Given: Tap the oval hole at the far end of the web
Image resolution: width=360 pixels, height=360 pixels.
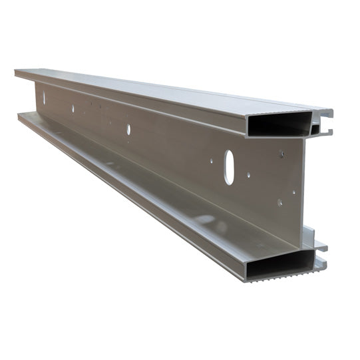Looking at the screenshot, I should tap(45, 98).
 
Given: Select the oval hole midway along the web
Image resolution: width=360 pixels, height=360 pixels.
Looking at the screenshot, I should tap(128, 129).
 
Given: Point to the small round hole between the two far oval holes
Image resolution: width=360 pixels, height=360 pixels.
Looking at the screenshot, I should tap(73, 108).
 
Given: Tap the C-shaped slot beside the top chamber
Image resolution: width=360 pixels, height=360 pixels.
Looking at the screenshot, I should tap(322, 126).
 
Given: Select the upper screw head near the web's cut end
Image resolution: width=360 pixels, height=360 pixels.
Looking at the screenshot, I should tap(282, 154).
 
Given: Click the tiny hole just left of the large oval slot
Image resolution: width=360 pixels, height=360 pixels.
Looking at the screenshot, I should tap(212, 160).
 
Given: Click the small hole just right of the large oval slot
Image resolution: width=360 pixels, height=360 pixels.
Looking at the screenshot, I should tap(249, 176).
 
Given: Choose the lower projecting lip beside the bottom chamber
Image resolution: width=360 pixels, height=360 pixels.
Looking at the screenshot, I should tap(321, 264).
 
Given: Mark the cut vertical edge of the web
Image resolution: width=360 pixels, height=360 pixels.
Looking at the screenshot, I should tap(302, 186).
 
